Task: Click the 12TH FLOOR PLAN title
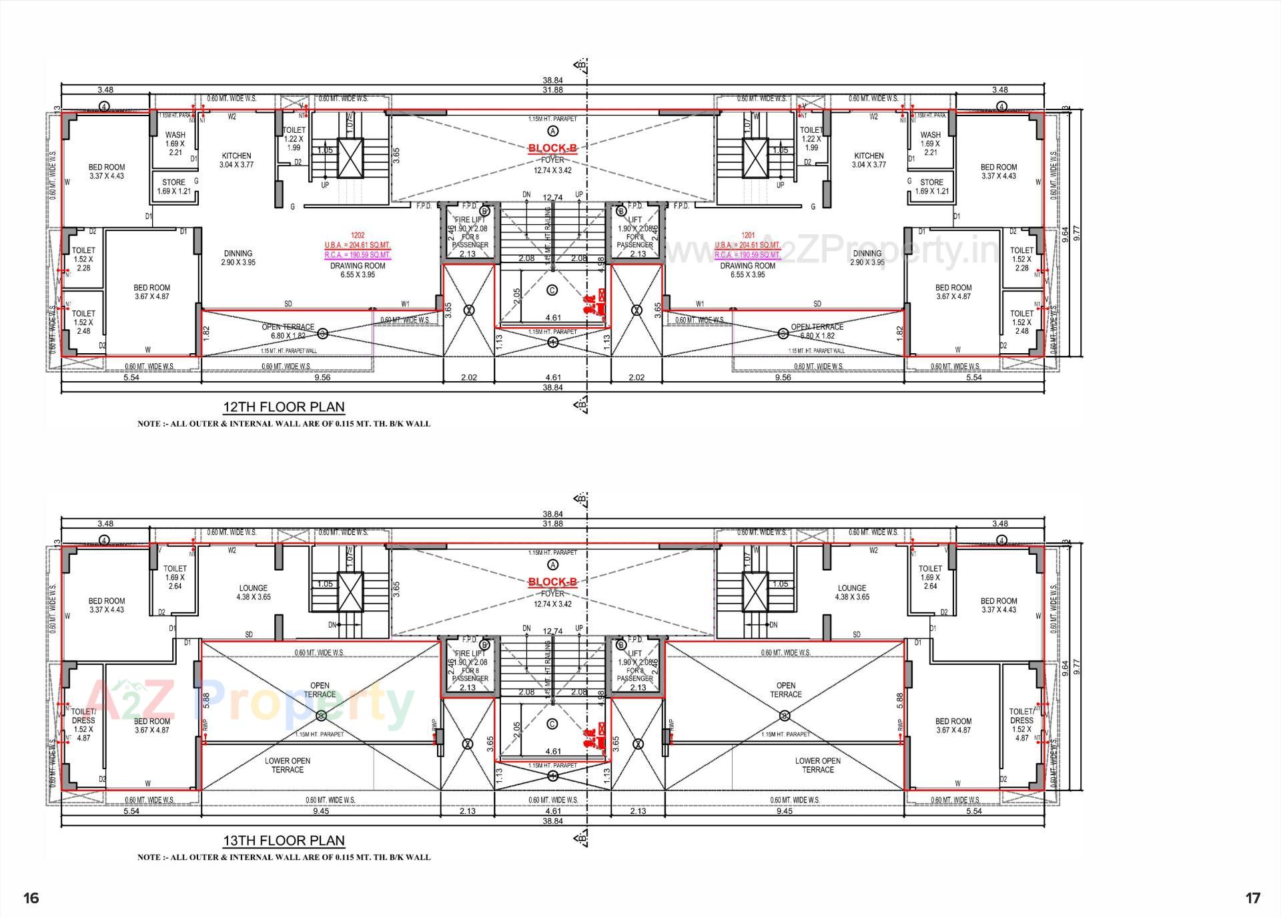click(284, 407)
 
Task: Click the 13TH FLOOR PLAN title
click(284, 841)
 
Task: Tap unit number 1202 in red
click(358, 235)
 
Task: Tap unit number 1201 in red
click(747, 235)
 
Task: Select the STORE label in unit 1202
click(173, 182)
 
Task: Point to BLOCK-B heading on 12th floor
click(552, 148)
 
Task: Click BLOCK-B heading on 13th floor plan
click(552, 582)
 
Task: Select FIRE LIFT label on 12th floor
click(470, 220)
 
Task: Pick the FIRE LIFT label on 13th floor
click(470, 654)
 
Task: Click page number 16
click(31, 898)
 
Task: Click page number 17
click(1253, 898)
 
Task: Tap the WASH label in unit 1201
click(930, 135)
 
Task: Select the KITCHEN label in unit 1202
click(236, 156)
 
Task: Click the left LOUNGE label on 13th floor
click(253, 588)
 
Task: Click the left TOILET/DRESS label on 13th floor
click(83, 716)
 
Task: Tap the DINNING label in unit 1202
click(238, 253)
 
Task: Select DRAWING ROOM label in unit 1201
click(747, 266)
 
